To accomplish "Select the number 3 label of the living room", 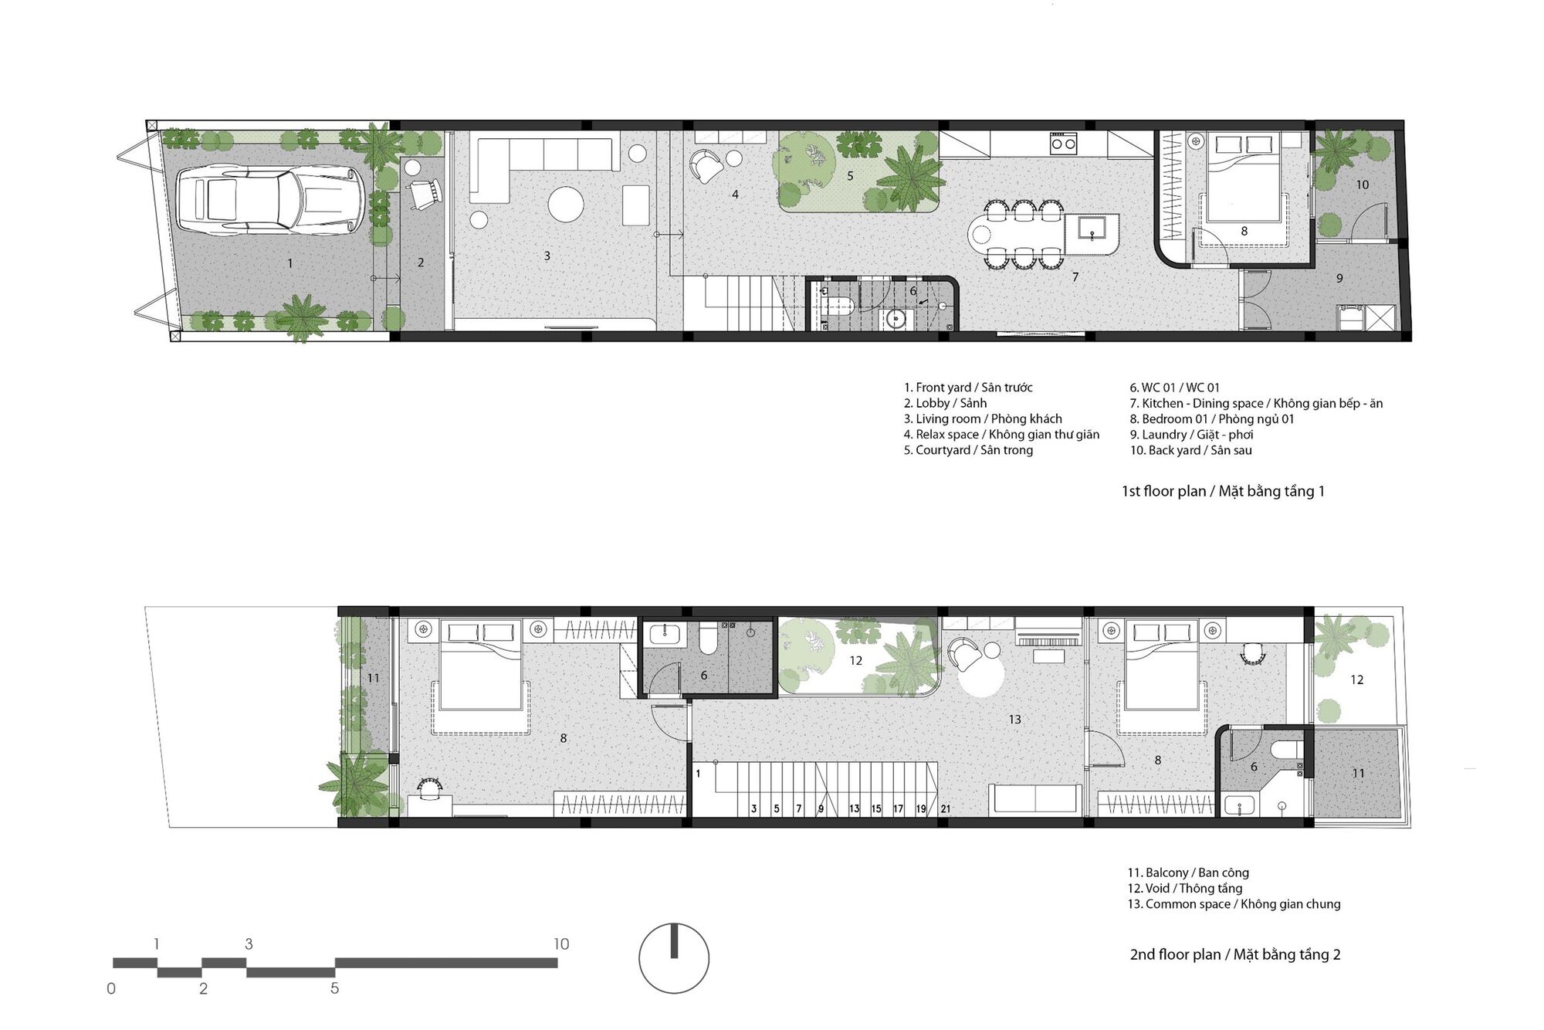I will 547,256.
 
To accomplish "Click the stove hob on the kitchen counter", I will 1063,142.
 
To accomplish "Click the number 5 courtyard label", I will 850,176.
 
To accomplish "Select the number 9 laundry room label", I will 1339,278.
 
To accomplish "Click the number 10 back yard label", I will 1363,185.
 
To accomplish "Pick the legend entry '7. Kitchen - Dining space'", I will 1256,403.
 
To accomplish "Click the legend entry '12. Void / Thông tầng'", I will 1185,888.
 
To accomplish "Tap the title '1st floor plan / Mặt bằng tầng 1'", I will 1223,491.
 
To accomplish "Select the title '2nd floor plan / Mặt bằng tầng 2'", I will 1235,954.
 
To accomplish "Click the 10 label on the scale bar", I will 561,944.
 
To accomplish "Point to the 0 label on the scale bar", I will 111,988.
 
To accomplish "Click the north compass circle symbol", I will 674,958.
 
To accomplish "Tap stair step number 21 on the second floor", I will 946,809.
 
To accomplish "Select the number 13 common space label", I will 1014,719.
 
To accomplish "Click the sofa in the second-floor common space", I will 1035,799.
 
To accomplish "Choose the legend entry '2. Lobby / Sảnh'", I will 945,403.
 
